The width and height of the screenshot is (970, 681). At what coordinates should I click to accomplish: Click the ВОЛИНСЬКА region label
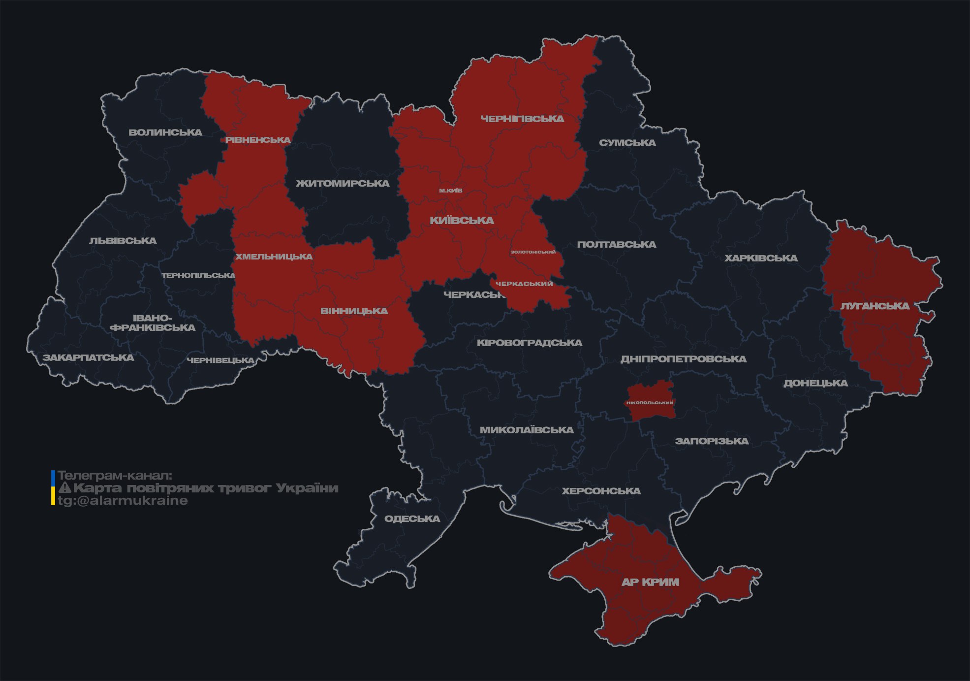[x=165, y=132]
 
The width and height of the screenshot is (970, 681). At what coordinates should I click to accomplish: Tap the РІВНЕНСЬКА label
[x=258, y=140]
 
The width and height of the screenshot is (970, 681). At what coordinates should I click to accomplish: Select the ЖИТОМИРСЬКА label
[x=343, y=184]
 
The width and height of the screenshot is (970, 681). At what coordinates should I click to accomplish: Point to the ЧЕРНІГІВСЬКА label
[x=522, y=119]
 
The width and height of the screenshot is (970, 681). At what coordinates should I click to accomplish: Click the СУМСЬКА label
[x=627, y=143]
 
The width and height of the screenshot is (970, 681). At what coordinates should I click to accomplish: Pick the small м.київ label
[x=451, y=191]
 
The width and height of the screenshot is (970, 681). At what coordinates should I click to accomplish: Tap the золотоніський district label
[x=533, y=252]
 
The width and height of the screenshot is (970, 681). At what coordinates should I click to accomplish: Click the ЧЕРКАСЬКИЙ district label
[x=524, y=284]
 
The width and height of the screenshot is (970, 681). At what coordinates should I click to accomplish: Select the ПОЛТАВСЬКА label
[x=616, y=244]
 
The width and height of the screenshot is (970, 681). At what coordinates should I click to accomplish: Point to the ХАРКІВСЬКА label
[x=761, y=258]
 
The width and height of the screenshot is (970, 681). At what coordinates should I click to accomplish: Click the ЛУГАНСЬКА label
[x=875, y=306]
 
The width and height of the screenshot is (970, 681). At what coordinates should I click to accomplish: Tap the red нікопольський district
[x=650, y=402]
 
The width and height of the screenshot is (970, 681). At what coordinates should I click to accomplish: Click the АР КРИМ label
[x=650, y=582]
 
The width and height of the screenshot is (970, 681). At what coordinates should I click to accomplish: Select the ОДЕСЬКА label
[x=412, y=519]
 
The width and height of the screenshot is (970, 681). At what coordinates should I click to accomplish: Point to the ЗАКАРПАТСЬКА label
[x=88, y=357]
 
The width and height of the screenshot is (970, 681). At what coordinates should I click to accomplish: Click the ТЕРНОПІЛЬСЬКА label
[x=199, y=275]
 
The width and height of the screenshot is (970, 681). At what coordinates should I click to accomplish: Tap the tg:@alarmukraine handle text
[x=123, y=501]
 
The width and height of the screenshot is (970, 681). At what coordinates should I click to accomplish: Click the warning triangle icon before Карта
[x=64, y=488]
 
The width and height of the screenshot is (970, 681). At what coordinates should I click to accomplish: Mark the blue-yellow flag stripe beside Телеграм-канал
[x=53, y=488]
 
